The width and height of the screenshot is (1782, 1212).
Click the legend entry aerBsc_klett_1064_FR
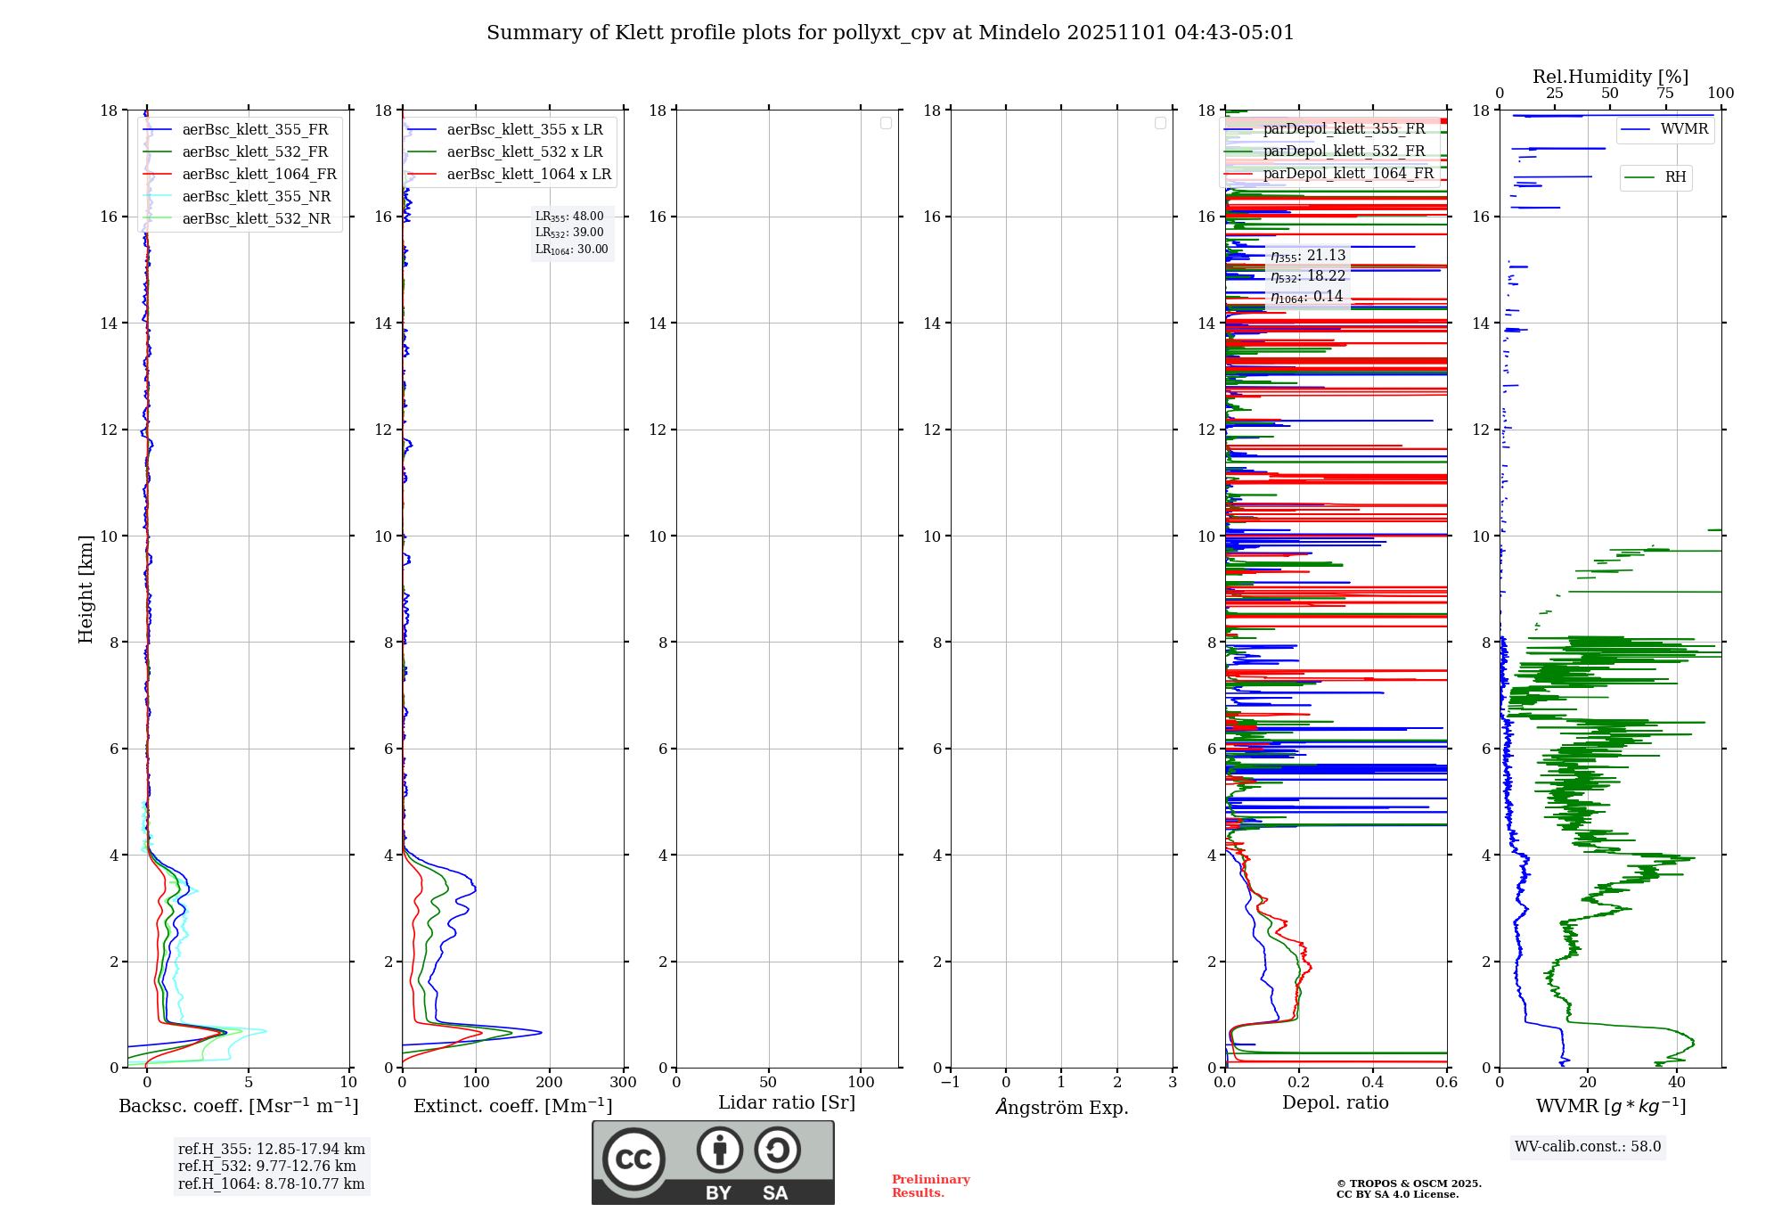coord(259,175)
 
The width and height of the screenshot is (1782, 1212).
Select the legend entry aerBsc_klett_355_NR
coord(256,197)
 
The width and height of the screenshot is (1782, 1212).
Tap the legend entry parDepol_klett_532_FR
coord(1344,151)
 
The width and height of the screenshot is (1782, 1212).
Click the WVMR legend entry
coord(1684,129)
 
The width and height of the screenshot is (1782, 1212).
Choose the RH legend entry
coord(1675,177)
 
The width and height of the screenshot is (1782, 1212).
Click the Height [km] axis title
coord(86,589)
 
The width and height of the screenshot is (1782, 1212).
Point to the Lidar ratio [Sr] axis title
coord(787,1103)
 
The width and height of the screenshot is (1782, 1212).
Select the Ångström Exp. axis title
coord(1061,1108)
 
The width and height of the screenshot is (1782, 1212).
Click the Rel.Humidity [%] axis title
coord(1610,77)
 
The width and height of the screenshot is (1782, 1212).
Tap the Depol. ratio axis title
coord(1335,1103)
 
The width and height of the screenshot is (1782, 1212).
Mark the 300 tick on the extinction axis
coord(623,1083)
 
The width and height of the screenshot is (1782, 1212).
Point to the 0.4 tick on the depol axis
coord(1373,1083)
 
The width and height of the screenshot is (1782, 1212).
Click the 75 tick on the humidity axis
coord(1664,94)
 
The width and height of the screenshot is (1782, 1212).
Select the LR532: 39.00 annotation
coord(569,233)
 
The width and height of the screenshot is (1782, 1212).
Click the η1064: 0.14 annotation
coord(1306,297)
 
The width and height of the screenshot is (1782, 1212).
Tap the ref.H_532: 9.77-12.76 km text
coord(267,1167)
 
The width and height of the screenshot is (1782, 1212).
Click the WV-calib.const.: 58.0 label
coord(1588,1147)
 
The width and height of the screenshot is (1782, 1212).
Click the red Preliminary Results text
coord(930,1186)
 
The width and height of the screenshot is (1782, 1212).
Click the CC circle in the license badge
coord(634,1159)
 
